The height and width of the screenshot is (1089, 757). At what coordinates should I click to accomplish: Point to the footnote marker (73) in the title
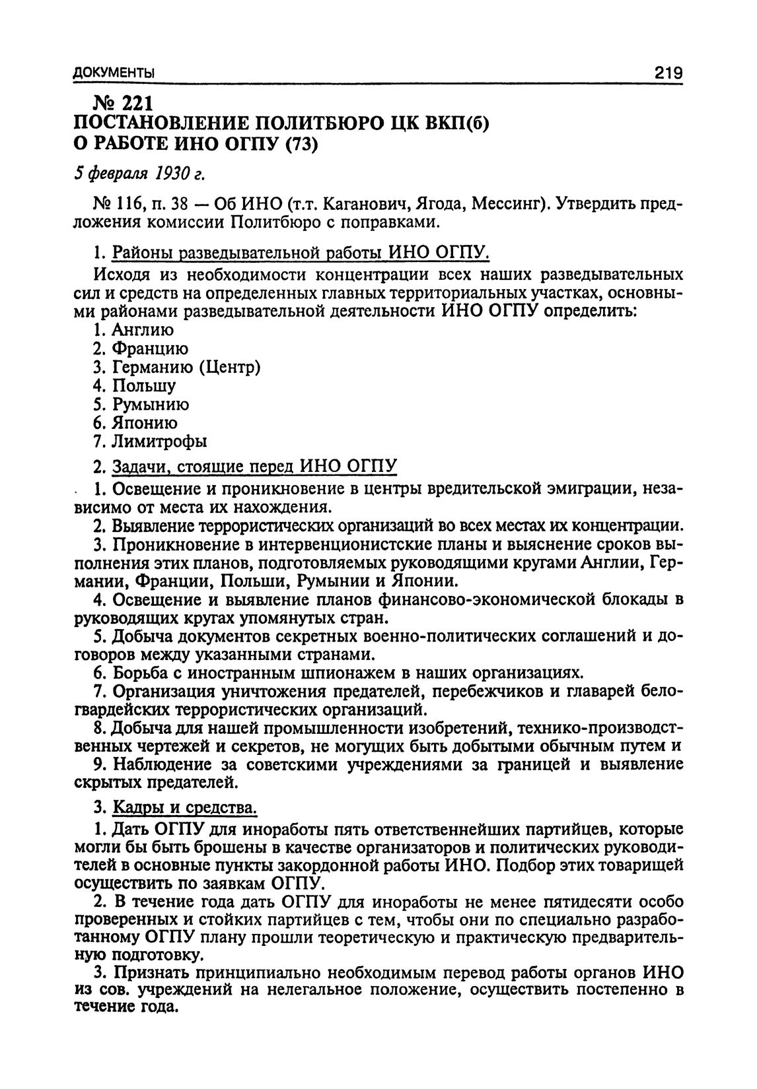(301, 143)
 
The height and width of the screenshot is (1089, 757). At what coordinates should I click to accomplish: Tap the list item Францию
(150, 348)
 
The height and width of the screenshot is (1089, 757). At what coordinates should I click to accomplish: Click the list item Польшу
(143, 385)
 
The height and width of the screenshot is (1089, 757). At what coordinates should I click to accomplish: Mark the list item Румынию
(151, 404)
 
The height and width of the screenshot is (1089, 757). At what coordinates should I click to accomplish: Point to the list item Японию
(145, 422)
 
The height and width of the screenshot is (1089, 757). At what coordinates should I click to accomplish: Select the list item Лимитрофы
(159, 441)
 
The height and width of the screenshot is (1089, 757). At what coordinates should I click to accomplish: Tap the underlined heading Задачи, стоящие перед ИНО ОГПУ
(255, 467)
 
